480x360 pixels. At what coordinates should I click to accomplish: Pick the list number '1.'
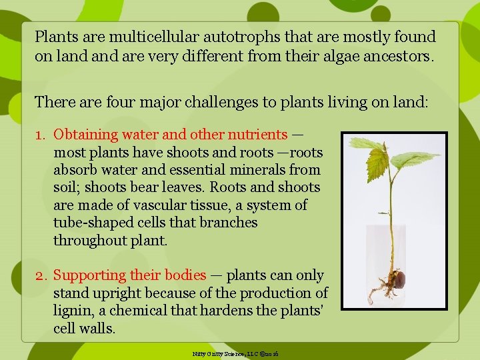[x=41, y=135]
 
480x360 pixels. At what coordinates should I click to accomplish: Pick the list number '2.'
[x=41, y=275]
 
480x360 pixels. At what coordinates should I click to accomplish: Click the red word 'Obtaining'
[x=85, y=135]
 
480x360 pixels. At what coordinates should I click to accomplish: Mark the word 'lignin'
[x=73, y=311]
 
